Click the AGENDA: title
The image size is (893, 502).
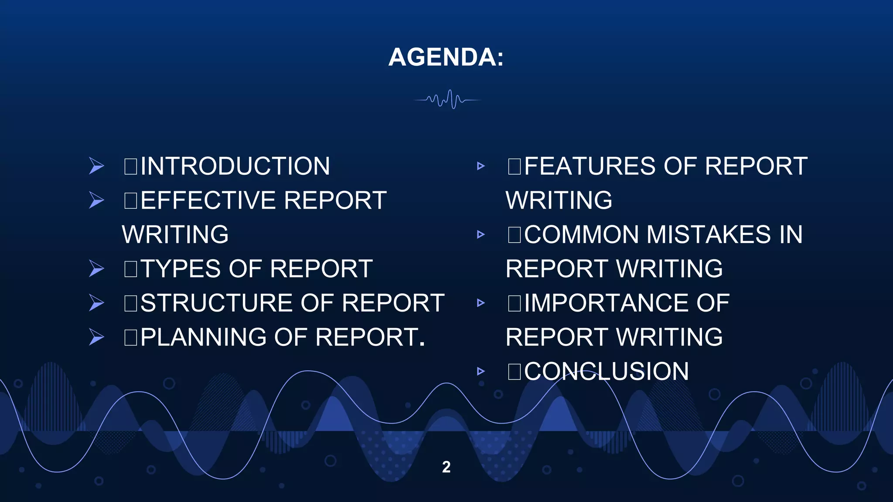(x=446, y=57)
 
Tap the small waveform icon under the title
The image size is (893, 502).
(x=447, y=100)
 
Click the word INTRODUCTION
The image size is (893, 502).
(x=235, y=166)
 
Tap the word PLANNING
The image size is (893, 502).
(x=203, y=337)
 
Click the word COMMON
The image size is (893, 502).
(x=581, y=234)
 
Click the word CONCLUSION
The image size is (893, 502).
(x=606, y=371)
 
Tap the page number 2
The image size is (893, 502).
(x=446, y=467)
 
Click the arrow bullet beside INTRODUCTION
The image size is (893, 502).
(x=96, y=166)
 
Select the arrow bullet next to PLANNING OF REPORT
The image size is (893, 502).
(x=96, y=337)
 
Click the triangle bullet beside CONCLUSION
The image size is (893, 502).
(x=481, y=371)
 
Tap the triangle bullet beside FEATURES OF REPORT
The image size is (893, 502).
(x=481, y=166)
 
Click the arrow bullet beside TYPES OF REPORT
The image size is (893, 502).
(x=96, y=269)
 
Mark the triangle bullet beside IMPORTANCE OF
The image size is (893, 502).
(x=481, y=303)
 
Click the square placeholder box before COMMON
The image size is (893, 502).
(x=515, y=234)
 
